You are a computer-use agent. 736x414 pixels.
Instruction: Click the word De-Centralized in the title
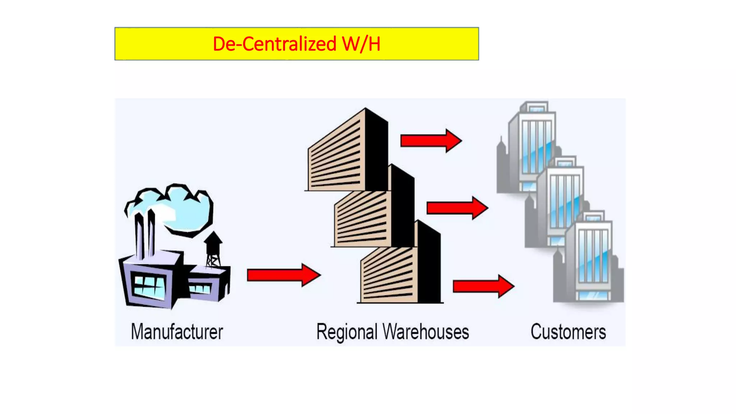point(274,44)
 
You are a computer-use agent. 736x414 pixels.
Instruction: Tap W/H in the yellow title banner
point(361,44)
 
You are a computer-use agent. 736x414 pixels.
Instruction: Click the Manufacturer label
point(177,331)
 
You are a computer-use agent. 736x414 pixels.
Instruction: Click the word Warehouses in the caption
point(426,331)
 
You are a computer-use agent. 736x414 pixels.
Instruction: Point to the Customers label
point(568,331)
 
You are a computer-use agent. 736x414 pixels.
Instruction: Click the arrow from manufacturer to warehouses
point(284,275)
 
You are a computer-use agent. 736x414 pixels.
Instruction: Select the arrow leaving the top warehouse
point(431,141)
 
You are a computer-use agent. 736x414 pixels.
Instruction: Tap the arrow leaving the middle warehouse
point(457,208)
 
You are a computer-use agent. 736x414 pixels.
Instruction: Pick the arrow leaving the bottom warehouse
point(483,286)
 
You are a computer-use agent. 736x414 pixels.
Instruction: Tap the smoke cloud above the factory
point(180,208)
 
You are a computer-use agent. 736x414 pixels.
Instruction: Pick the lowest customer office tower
point(591,259)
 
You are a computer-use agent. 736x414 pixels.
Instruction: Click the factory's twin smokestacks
point(145,234)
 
